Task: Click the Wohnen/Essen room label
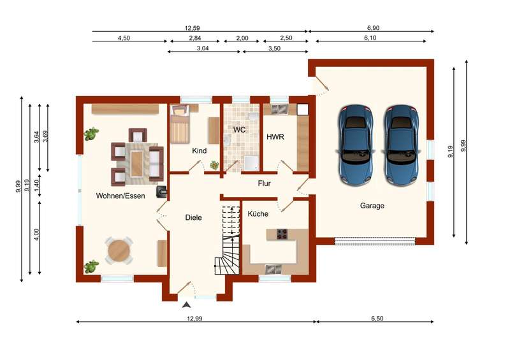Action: tap(120, 196)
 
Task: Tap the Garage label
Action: tap(372, 206)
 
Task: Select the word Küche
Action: tap(258, 213)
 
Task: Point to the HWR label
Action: tap(275, 137)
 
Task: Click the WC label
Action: tap(239, 130)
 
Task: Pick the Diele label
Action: tap(194, 217)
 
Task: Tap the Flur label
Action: tap(264, 184)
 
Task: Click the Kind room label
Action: tap(199, 150)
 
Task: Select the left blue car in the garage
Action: tap(356, 145)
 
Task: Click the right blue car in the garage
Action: tap(402, 145)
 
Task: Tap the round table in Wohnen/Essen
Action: tap(119, 250)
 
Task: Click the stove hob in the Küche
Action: tap(282, 234)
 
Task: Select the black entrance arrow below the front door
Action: tap(187, 305)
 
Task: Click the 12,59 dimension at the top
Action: tap(193, 28)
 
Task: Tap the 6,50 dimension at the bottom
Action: tap(377, 319)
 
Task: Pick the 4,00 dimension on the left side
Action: tap(36, 234)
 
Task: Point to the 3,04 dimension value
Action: tap(203, 48)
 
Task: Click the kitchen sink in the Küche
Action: tap(273, 270)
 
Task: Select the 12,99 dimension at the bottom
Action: tap(194, 319)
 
